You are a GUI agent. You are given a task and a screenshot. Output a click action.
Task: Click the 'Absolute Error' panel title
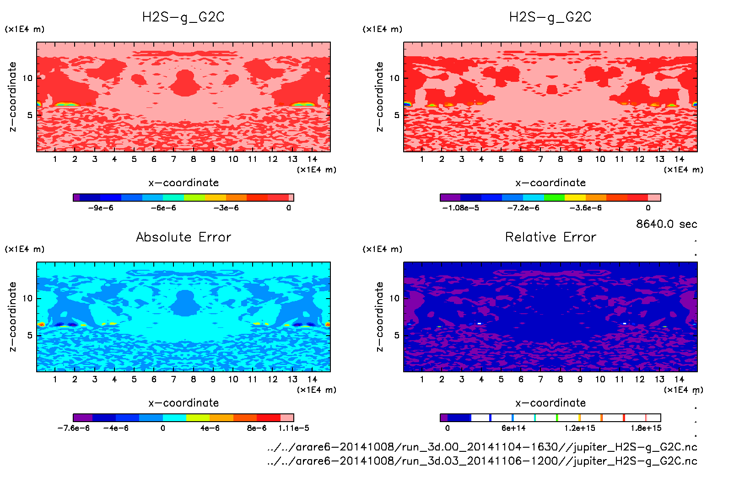click(x=183, y=237)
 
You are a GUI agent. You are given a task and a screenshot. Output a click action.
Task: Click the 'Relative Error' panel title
click(x=550, y=237)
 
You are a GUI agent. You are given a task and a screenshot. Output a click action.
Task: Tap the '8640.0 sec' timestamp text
click(x=666, y=224)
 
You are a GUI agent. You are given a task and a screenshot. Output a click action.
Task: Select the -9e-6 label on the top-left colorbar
click(x=101, y=208)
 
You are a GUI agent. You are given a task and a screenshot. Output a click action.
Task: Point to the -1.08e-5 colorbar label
click(x=460, y=208)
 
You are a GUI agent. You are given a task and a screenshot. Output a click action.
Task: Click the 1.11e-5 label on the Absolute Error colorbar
click(x=294, y=428)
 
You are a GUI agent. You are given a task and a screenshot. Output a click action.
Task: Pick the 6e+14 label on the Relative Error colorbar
click(x=513, y=428)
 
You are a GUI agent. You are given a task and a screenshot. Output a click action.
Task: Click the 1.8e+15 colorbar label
click(x=646, y=428)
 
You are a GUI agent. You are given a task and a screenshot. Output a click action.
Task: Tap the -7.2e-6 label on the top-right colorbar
click(x=523, y=208)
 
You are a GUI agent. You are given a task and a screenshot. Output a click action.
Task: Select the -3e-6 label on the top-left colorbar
click(x=226, y=208)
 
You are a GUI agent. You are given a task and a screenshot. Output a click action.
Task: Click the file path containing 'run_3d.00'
click(x=482, y=447)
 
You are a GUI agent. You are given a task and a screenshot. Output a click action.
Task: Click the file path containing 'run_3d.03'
click(x=482, y=461)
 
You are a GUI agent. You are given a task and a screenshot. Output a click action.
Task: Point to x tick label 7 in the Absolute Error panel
click(x=173, y=379)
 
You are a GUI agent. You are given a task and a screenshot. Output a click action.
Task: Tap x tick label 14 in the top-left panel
click(x=312, y=159)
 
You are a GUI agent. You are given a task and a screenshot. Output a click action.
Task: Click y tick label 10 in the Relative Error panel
click(x=394, y=298)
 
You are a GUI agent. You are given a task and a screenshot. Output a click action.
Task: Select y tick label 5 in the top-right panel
click(x=396, y=115)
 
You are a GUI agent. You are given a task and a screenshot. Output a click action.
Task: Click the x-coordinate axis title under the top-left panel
click(x=183, y=182)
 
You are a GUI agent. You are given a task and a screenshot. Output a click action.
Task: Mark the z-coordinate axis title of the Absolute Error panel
click(x=13, y=316)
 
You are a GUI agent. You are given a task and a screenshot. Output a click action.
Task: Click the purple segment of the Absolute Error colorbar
click(x=83, y=418)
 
